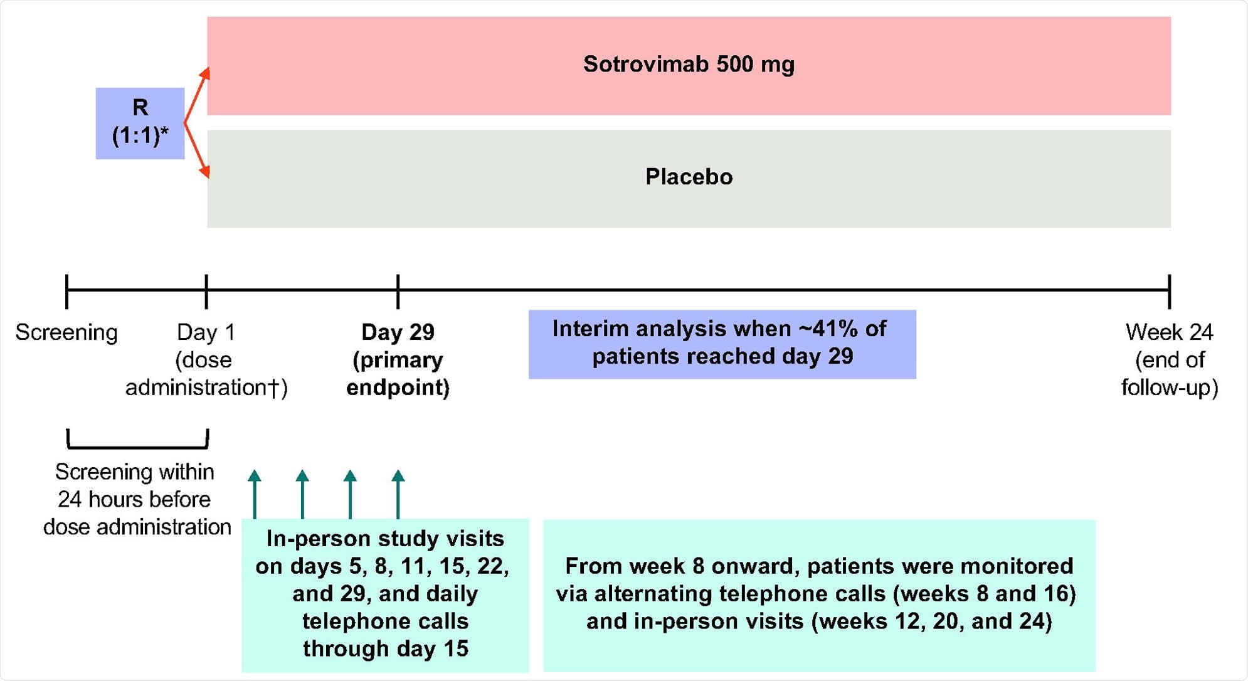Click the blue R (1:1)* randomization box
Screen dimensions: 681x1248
tap(140, 123)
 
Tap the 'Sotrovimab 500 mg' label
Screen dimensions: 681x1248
tap(689, 65)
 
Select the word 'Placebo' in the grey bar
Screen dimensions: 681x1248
tap(689, 177)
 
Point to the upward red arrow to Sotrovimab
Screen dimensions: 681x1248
tap(197, 94)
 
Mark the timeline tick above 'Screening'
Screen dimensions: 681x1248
tap(66, 291)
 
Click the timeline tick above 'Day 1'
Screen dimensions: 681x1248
tap(206, 291)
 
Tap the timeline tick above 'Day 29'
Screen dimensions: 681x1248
tap(398, 291)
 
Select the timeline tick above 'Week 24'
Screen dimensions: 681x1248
tap(1169, 291)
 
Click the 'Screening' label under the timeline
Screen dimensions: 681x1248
tap(66, 332)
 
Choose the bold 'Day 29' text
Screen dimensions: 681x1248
tap(398, 332)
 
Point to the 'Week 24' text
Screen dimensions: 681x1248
tap(1169, 332)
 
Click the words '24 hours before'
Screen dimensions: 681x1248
tap(134, 500)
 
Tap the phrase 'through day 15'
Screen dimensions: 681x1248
tap(385, 649)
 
